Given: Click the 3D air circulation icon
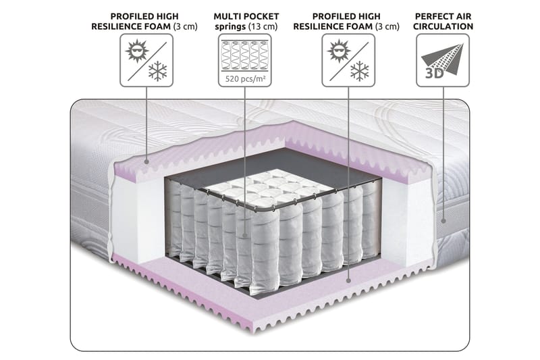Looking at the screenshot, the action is tap(443, 60).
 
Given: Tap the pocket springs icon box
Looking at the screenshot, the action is tap(244, 60).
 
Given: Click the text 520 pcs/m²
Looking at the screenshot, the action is tap(245, 79).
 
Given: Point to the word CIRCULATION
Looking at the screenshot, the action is tap(443, 26).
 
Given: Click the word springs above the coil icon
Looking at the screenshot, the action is tap(230, 27).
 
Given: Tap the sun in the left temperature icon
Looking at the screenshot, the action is tap(137, 51).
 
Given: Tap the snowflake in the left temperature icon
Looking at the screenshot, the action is tap(157, 72).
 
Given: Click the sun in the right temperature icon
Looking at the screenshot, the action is tap(339, 51).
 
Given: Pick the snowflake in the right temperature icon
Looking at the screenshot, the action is tap(360, 72).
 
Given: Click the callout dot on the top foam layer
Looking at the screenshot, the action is tap(146, 161).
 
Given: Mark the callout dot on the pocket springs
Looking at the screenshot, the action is tap(245, 236).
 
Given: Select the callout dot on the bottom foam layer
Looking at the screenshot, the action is tap(348, 281).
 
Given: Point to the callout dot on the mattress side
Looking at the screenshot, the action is tap(443, 221).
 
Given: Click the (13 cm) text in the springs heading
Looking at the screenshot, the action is tap(263, 27).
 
